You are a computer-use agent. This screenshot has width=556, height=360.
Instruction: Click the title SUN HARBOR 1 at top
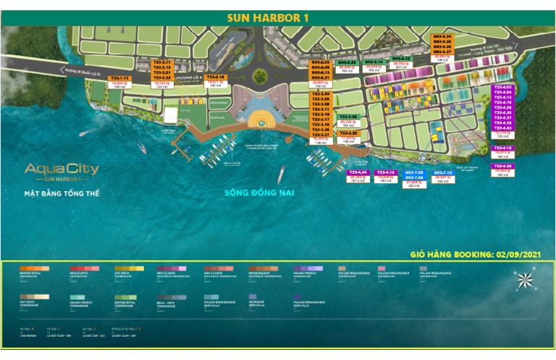point(279,17)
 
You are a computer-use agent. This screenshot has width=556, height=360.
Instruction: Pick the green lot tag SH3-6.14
point(374,62)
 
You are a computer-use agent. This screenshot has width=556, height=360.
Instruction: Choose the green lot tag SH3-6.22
point(401,59)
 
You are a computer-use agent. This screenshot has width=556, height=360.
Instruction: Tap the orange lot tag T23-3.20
point(348,133)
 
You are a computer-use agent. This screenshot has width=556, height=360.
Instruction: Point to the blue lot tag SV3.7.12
point(442,173)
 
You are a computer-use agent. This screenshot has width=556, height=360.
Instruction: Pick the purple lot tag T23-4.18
point(502,148)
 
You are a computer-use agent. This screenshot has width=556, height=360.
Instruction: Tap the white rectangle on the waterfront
point(170,114)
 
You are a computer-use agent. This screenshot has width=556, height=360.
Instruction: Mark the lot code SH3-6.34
point(442,36)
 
